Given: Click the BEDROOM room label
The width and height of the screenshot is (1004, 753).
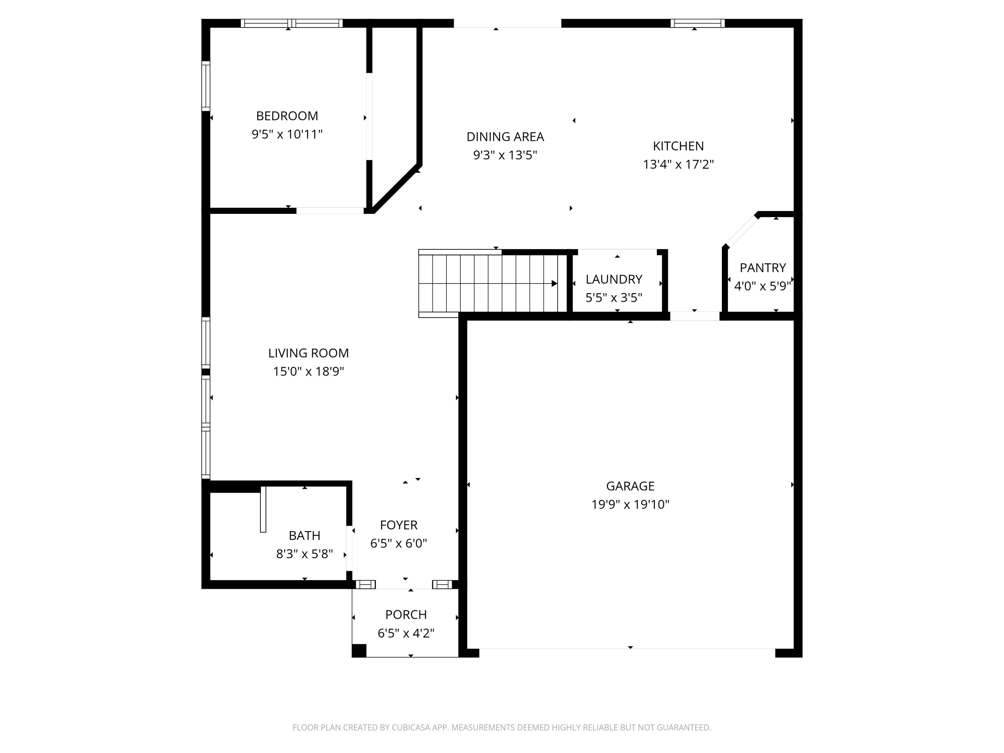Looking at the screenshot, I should pos(287,116).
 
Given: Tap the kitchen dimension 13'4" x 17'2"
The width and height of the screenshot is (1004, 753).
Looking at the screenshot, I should pos(678,164).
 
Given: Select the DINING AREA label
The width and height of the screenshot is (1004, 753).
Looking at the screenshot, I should pos(505,137).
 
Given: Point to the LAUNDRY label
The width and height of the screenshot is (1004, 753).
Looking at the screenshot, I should pos(614,279).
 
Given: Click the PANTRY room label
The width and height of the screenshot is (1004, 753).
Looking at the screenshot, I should pos(762,268).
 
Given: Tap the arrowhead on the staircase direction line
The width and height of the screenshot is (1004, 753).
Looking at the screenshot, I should pos(554,284).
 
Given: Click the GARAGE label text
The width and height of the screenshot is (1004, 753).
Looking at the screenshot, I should pos(630,486).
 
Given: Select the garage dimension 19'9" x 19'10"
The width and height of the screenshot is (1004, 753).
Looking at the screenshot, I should pos(630,505).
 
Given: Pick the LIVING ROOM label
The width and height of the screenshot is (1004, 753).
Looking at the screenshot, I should pos(308,353).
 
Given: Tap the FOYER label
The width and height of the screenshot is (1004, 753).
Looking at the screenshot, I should pos(399,525).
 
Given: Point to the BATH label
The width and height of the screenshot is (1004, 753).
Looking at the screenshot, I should pos(305,535).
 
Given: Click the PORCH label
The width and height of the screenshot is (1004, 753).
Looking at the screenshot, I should pos(406,614).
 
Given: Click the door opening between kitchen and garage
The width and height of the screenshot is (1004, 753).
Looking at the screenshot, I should pos(694,316).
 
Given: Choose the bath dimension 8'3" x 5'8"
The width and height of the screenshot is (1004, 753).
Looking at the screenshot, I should pos(305,554).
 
